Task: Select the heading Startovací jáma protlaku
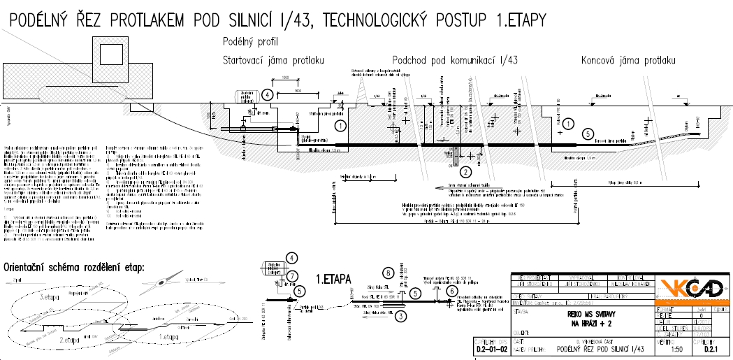[x=273, y=60]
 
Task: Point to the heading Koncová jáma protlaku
[x=629, y=60]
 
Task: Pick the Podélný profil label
[x=250, y=42]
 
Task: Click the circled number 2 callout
[x=466, y=170]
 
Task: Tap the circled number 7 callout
[x=293, y=275]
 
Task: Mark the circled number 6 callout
[x=452, y=291]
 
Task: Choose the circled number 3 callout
[x=400, y=315]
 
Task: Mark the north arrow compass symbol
[x=163, y=280]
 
